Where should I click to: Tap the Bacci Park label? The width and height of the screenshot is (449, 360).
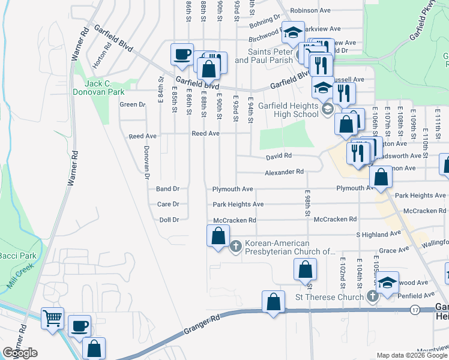coord(17,256)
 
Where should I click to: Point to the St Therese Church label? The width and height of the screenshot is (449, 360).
coord(330,297)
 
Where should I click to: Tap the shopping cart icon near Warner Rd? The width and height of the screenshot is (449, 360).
coord(53,318)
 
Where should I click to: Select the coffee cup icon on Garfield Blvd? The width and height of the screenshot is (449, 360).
coord(182,55)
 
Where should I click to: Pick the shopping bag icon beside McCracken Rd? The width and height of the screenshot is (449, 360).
coord(218,236)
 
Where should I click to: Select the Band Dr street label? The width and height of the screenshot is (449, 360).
coord(168,188)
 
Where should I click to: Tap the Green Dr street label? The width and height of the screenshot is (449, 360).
coord(133,104)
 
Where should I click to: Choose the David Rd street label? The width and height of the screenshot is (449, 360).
coord(279,156)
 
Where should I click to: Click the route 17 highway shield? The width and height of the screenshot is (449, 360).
coord(415,310)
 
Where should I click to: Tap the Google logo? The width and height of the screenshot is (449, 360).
coord(20,353)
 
